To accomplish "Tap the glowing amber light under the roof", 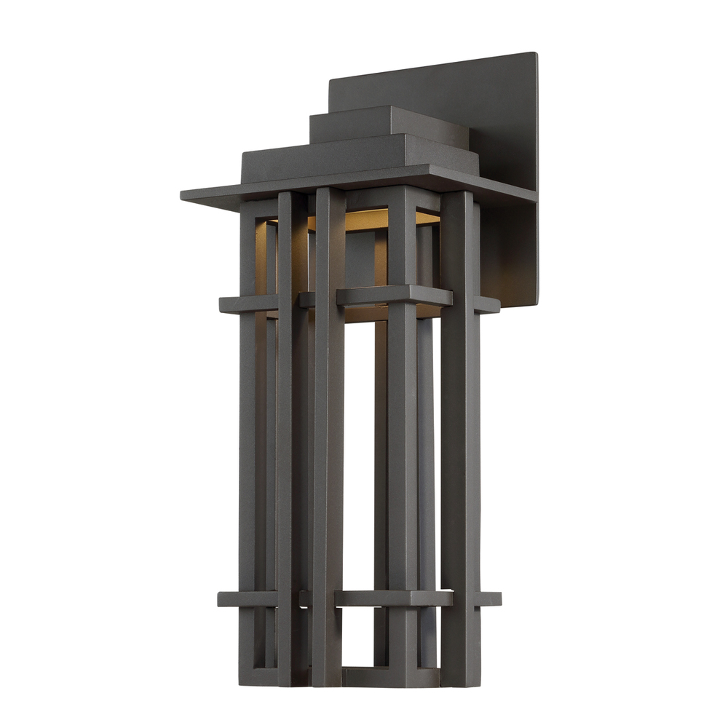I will click(x=364, y=218).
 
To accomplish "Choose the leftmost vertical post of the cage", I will click(x=248, y=437).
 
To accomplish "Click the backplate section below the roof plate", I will click(x=510, y=255).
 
